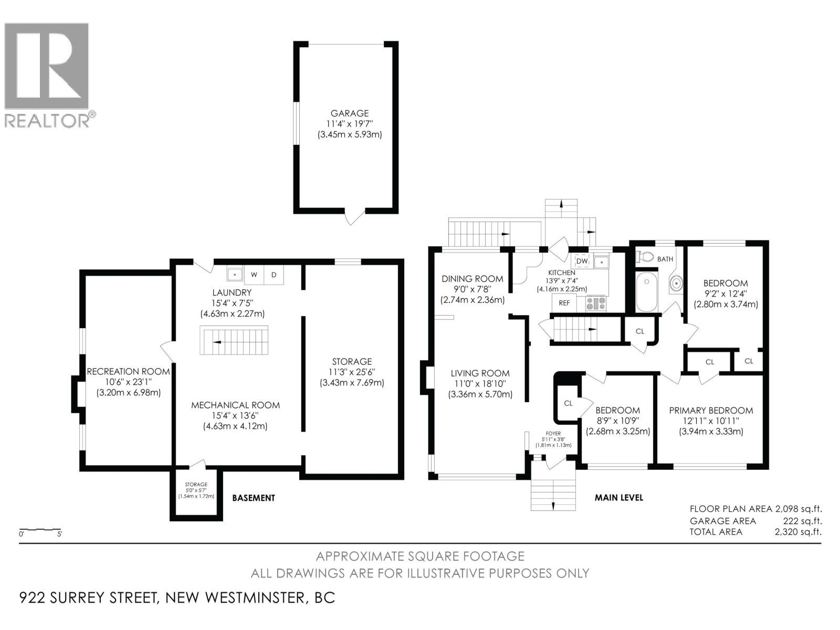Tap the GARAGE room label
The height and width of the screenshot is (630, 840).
tap(349, 113)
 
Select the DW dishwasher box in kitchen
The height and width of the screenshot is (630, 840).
tap(582, 261)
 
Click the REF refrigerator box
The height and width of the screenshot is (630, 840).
tap(564, 303)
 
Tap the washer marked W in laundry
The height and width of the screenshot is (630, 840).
tap(254, 275)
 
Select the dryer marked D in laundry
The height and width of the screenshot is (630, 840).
tap(274, 275)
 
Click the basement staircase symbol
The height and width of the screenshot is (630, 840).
tap(234, 341)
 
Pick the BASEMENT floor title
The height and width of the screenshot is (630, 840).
tap(254, 498)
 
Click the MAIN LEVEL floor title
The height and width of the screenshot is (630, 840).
tap(618, 497)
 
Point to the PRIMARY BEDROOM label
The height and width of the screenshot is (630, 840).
tap(710, 411)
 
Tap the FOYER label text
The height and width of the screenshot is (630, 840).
tap(553, 434)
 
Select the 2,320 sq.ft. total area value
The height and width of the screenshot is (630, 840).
tap(798, 532)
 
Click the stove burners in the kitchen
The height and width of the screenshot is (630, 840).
tap(596, 303)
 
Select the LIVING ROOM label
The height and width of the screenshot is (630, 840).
tap(480, 374)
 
